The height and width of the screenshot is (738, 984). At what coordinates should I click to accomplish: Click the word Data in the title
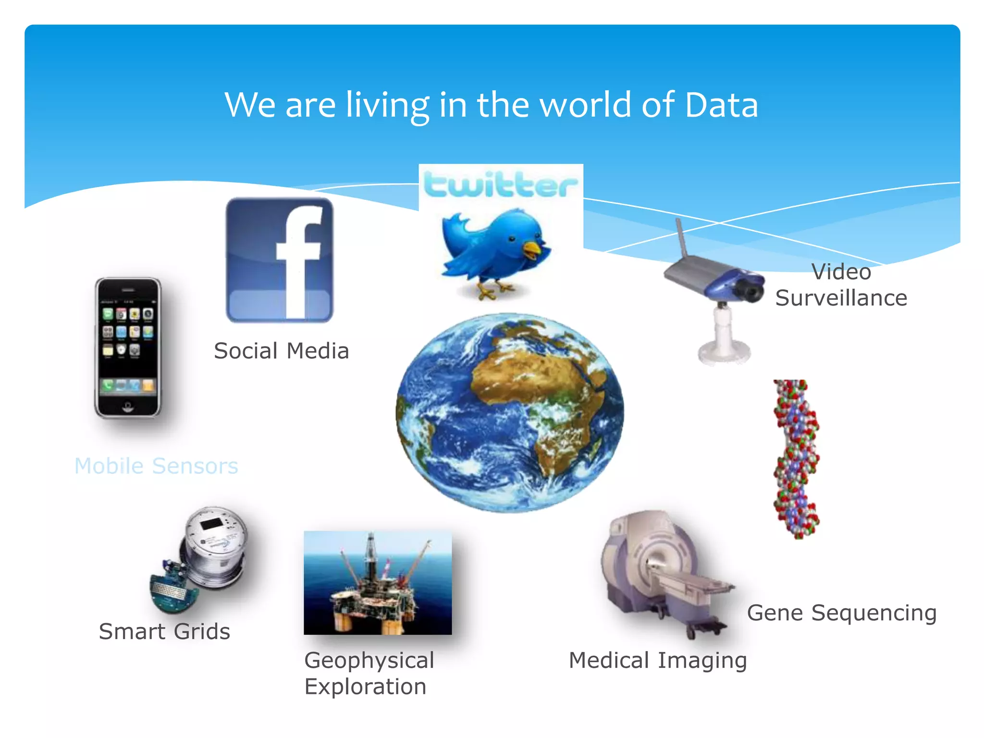tap(721, 105)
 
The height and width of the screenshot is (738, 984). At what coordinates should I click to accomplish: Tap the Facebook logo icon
tap(280, 260)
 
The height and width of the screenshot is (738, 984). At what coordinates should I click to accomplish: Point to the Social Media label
tap(281, 351)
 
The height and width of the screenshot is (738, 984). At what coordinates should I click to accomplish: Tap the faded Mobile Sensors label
tap(156, 466)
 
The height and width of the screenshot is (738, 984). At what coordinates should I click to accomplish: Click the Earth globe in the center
tap(510, 413)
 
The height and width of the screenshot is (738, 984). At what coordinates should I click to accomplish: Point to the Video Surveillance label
tap(841, 285)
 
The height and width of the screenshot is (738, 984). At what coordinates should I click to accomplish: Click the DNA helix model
tap(796, 459)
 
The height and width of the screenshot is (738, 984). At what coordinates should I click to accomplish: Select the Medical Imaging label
tap(657, 660)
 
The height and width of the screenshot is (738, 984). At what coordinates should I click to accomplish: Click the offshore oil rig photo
tap(378, 582)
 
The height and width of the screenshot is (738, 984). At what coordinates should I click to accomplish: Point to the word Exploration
tap(365, 687)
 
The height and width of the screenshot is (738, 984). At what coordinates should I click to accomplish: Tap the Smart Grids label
tap(164, 631)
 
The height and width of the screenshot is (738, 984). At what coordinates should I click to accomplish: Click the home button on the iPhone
tap(128, 406)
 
